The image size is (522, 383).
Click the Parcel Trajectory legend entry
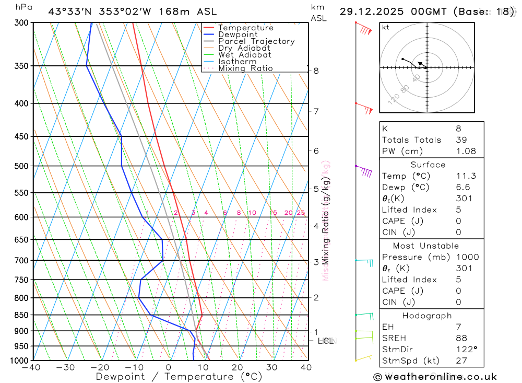tap(256, 41)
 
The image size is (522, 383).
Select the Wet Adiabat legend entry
tap(245, 55)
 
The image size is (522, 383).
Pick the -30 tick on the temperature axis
tap(65, 367)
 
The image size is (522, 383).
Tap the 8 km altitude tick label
tap(316, 71)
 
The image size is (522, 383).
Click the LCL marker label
tap(325, 341)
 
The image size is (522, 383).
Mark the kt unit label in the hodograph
tap(386, 27)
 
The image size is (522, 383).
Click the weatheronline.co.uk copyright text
tap(435, 376)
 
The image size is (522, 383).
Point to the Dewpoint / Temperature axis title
tap(179, 376)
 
